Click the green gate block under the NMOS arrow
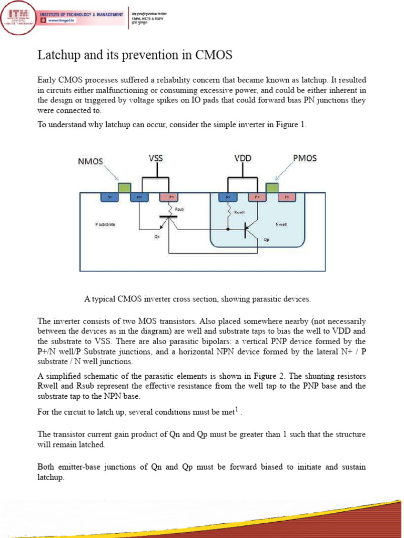coord(124,188)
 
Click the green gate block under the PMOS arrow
coord(272,188)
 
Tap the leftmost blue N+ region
coord(109,198)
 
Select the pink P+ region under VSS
coord(168,198)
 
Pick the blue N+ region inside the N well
coord(228,198)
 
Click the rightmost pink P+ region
coord(287,198)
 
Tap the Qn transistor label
coord(157,237)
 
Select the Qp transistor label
coord(266,240)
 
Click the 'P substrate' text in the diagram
coord(105,224)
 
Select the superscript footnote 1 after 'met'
coord(237,409)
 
